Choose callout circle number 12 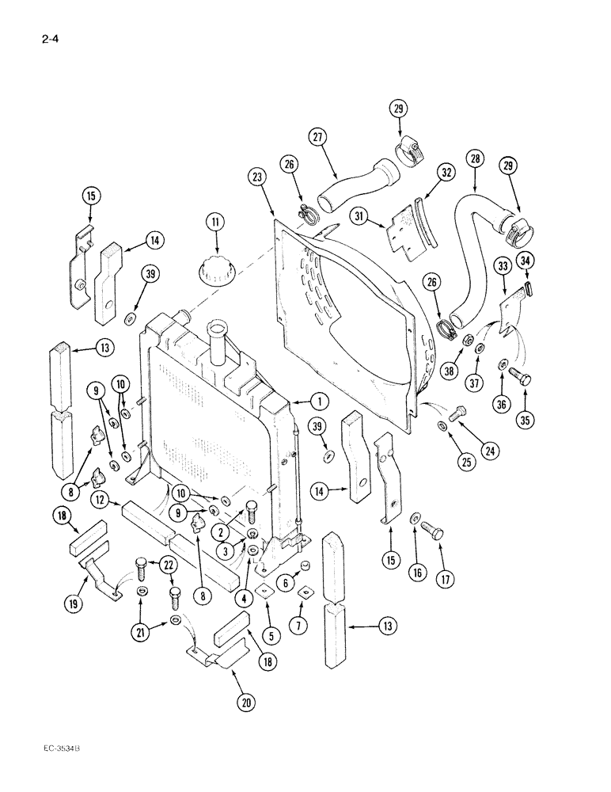100,499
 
